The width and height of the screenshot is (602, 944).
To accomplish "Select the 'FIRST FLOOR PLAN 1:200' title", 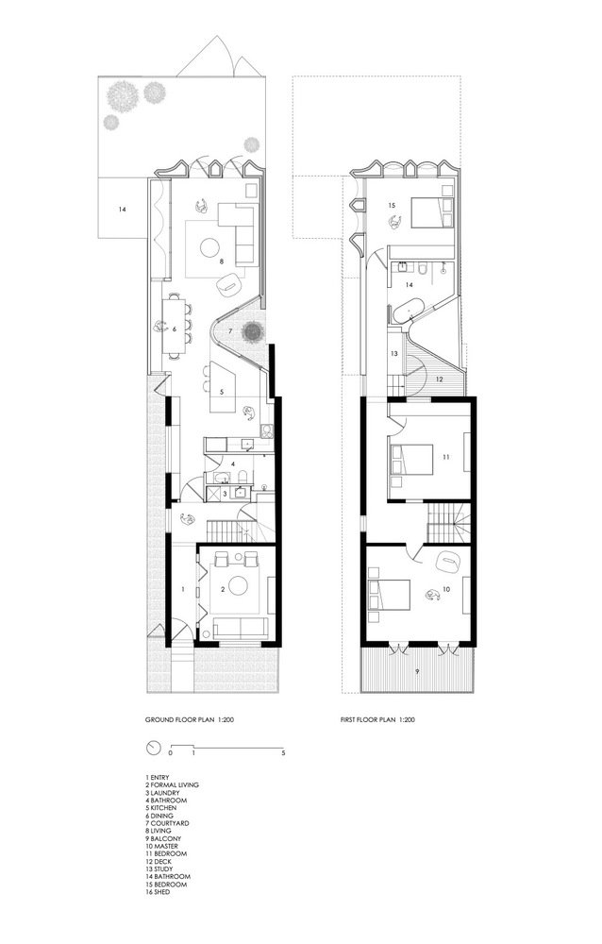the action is point(376,719).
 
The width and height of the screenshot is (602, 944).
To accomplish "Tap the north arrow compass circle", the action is point(154,748).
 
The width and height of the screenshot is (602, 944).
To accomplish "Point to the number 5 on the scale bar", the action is point(283,753).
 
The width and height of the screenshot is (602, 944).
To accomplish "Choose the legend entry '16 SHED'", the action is point(158,892).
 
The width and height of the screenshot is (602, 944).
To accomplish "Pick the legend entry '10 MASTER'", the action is point(161,846).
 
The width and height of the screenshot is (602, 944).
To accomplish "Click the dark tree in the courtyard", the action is point(252,331).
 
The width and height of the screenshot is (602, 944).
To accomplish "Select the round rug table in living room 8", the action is point(210,246).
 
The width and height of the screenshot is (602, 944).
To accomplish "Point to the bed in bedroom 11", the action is point(411,461).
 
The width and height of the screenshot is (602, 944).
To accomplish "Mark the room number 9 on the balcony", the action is point(416,669).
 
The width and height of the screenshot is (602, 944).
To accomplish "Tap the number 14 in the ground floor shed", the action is point(123,210).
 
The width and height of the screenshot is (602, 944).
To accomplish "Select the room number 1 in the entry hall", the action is point(183,589).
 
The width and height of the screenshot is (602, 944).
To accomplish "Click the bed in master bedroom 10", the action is point(389,595).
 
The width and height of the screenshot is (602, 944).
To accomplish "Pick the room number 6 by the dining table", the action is point(174,329).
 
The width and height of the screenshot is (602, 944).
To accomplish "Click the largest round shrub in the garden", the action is point(123,95).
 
